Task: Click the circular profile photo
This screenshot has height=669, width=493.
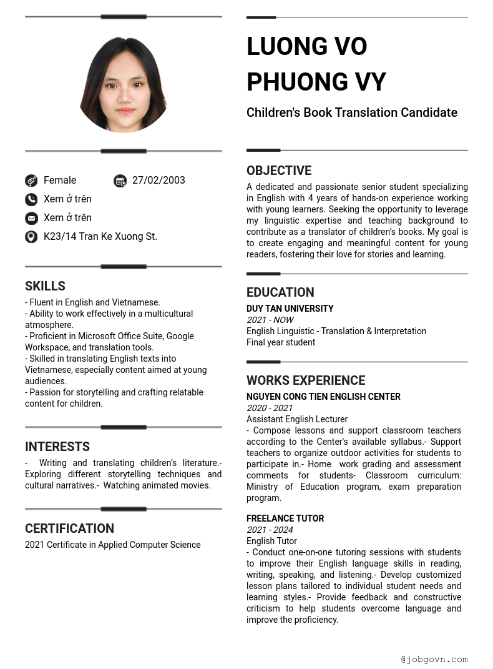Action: (x=124, y=84)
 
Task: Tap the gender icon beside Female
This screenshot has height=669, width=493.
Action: (x=31, y=181)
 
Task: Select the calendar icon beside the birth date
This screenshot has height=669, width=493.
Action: (x=120, y=181)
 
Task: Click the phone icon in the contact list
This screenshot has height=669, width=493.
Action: (x=31, y=199)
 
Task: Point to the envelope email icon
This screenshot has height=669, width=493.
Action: (x=31, y=218)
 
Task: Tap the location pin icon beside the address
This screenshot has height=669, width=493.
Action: (x=31, y=237)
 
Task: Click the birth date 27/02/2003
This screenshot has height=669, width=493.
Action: (x=159, y=181)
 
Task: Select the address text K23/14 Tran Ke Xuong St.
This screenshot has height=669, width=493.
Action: (x=100, y=237)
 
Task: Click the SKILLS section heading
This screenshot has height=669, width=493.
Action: (x=45, y=286)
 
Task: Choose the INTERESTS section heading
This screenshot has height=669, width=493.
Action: (x=57, y=447)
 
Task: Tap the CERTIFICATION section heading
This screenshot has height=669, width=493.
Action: (x=69, y=528)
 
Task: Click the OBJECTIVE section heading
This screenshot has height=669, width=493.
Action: (x=279, y=171)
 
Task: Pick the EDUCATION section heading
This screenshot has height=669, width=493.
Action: (x=280, y=292)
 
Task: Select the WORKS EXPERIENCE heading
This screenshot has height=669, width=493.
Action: (x=306, y=380)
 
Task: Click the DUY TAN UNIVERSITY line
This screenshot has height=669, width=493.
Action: (x=290, y=309)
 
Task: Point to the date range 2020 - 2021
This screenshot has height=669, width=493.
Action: (x=270, y=408)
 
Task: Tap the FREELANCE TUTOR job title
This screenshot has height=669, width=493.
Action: (x=285, y=518)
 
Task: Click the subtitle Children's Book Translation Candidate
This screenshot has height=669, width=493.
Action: (x=352, y=112)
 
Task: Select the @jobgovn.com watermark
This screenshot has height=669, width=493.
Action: (x=434, y=659)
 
